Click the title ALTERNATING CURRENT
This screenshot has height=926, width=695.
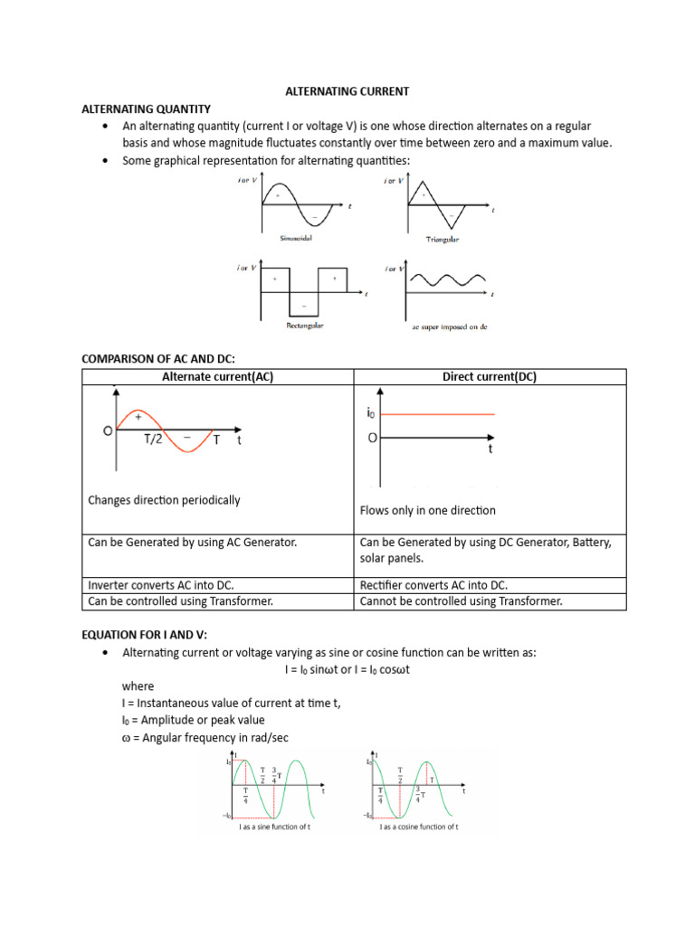tap(347, 91)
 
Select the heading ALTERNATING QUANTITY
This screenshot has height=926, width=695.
tap(146, 109)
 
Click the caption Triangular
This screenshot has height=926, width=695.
tap(443, 240)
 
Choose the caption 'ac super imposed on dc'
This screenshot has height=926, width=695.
tap(449, 326)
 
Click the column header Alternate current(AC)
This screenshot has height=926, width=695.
tap(217, 377)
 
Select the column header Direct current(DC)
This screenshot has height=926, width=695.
tap(490, 377)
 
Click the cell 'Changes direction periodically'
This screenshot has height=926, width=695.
tap(165, 499)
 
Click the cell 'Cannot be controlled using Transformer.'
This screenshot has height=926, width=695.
tap(461, 600)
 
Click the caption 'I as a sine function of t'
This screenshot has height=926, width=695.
tap(273, 827)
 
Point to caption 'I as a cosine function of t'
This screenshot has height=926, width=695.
tap(419, 827)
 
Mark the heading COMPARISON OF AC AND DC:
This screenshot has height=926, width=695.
tap(158, 359)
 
